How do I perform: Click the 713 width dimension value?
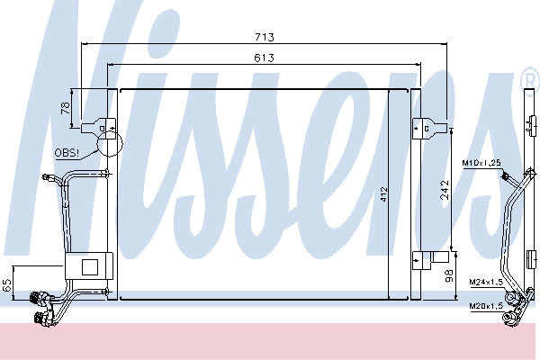coord(265,37)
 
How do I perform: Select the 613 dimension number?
coord(264,58)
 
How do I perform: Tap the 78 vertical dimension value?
coord(66,108)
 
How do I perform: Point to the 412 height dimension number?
coord(384,194)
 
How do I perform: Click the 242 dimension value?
coord(445,190)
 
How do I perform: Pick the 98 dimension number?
coord(449,276)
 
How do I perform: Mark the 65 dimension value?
coord(7,285)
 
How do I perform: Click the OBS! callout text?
coord(67,153)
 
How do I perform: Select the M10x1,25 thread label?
coord(481,163)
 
